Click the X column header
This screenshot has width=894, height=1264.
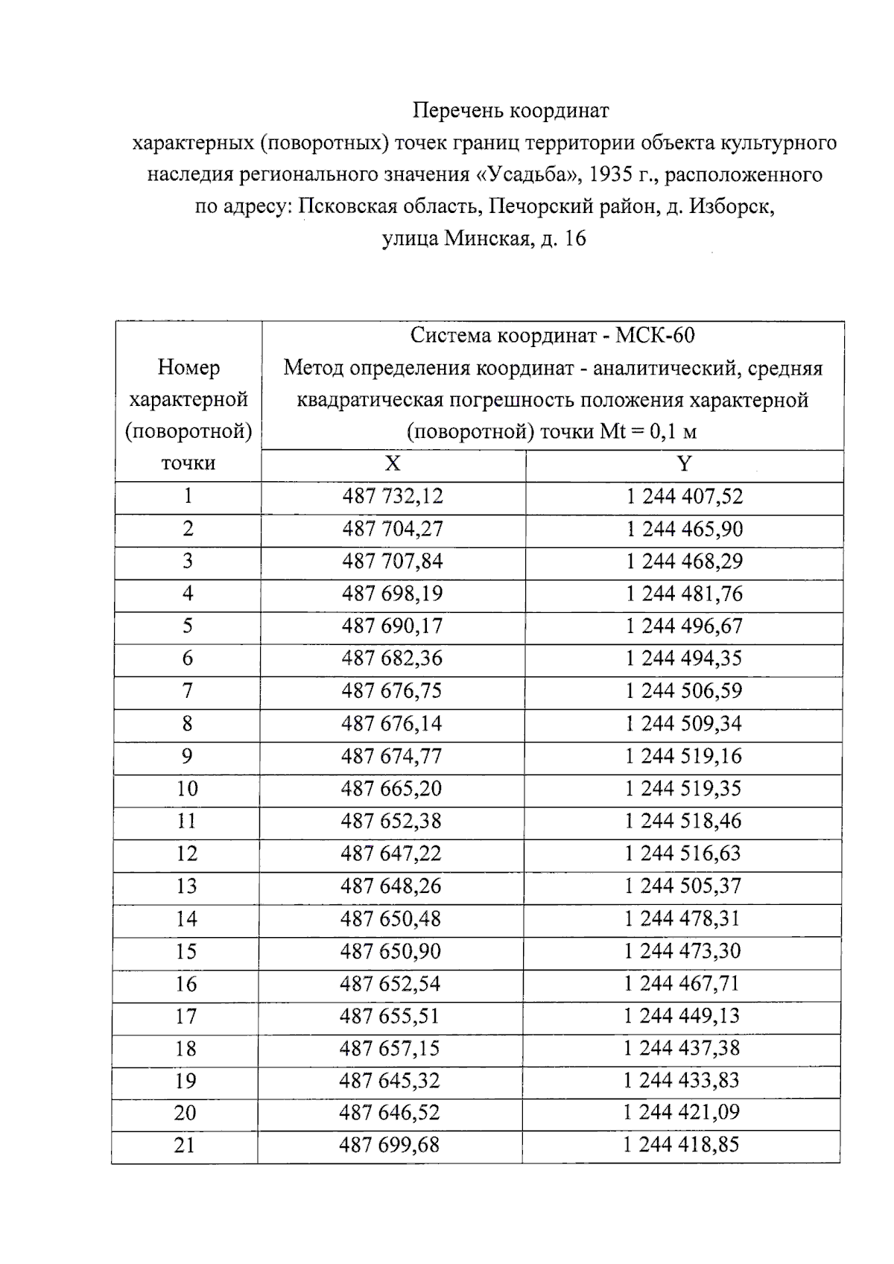tap(393, 464)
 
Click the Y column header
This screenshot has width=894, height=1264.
tap(684, 464)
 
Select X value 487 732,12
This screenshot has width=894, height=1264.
tap(393, 496)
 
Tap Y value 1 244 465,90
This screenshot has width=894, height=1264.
tap(684, 529)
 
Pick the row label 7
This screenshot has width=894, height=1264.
tap(187, 691)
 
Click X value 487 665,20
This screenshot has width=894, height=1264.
tap(391, 789)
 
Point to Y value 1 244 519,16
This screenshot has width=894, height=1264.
tap(683, 756)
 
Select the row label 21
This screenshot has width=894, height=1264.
tap(185, 1145)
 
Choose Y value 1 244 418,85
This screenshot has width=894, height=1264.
tap(681, 1145)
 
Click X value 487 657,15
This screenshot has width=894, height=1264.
tap(390, 1049)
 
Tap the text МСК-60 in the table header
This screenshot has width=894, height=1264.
tap(655, 336)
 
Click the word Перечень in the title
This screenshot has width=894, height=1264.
tap(458, 111)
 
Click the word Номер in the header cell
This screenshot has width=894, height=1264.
tap(188, 367)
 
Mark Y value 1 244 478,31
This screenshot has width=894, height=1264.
tap(682, 918)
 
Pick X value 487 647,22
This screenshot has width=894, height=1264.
tap(391, 854)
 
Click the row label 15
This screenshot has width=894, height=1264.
tap(186, 951)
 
